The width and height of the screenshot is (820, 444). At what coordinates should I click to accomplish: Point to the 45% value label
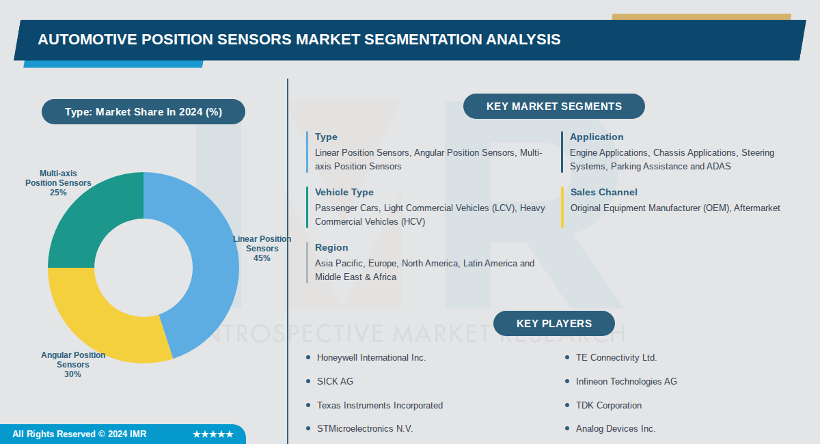pyautogui.click(x=262, y=258)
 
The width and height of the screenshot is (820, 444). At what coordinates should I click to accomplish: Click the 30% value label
pyautogui.click(x=73, y=374)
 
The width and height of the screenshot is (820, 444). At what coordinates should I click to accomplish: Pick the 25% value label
pyautogui.click(x=58, y=193)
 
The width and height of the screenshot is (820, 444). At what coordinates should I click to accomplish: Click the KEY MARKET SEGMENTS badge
pyautogui.click(x=553, y=107)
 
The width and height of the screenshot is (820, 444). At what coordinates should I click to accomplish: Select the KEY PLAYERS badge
pyautogui.click(x=553, y=324)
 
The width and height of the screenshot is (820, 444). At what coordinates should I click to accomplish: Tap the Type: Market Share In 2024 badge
pyautogui.click(x=143, y=112)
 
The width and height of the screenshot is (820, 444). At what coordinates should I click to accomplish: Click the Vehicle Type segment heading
pyautogui.click(x=344, y=192)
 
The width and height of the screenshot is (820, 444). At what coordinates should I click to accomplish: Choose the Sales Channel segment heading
pyautogui.click(x=603, y=192)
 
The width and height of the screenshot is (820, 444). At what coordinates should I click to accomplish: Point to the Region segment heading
pyautogui.click(x=331, y=247)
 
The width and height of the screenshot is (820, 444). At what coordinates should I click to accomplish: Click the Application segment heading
pyautogui.click(x=597, y=137)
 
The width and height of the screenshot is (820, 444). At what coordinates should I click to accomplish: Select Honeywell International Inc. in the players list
pyautogui.click(x=371, y=357)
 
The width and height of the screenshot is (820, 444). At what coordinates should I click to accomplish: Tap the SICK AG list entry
pyautogui.click(x=335, y=381)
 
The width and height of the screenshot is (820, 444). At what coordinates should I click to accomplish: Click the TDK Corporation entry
pyautogui.click(x=608, y=405)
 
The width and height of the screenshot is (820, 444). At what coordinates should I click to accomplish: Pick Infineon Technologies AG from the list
pyautogui.click(x=626, y=381)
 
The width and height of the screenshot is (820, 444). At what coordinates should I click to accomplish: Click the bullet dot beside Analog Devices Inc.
pyautogui.click(x=567, y=429)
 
